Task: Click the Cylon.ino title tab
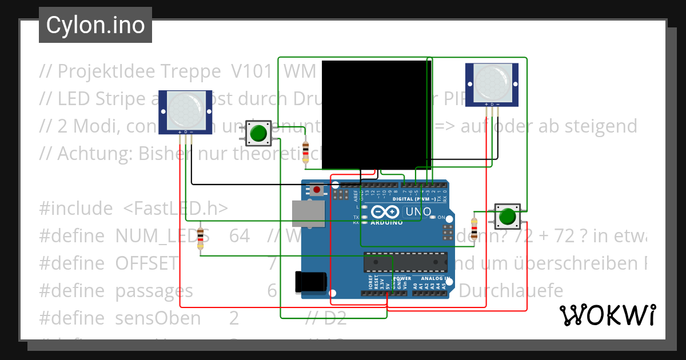95,25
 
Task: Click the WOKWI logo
607,315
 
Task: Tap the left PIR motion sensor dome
185,111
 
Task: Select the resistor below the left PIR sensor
200,238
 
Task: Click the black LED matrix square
376,115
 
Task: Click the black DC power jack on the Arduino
310,281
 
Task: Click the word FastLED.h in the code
176,209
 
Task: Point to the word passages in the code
154,291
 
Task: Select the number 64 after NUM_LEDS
239,235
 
